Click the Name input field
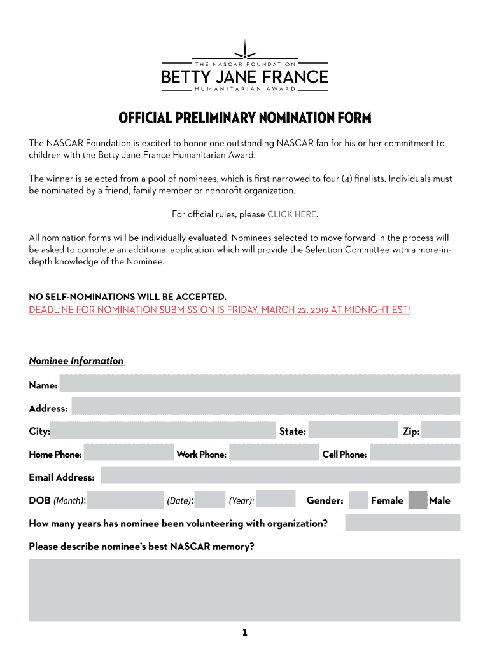click(x=260, y=383)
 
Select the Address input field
click(x=265, y=406)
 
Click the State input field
click(x=353, y=430)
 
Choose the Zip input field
click(x=440, y=430)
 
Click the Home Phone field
click(x=129, y=453)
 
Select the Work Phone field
click(x=274, y=453)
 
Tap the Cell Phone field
click(x=415, y=453)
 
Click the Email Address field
click(x=280, y=476)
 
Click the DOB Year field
click(x=276, y=499)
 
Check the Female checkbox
click(x=359, y=500)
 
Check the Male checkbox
click(x=417, y=500)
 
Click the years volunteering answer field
click(x=402, y=523)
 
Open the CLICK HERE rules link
click(x=291, y=214)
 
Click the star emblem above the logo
click(x=244, y=50)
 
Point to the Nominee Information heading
click(x=76, y=361)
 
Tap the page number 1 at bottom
click(x=244, y=633)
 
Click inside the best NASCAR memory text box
click(x=244, y=590)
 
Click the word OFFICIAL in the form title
click(x=145, y=118)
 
